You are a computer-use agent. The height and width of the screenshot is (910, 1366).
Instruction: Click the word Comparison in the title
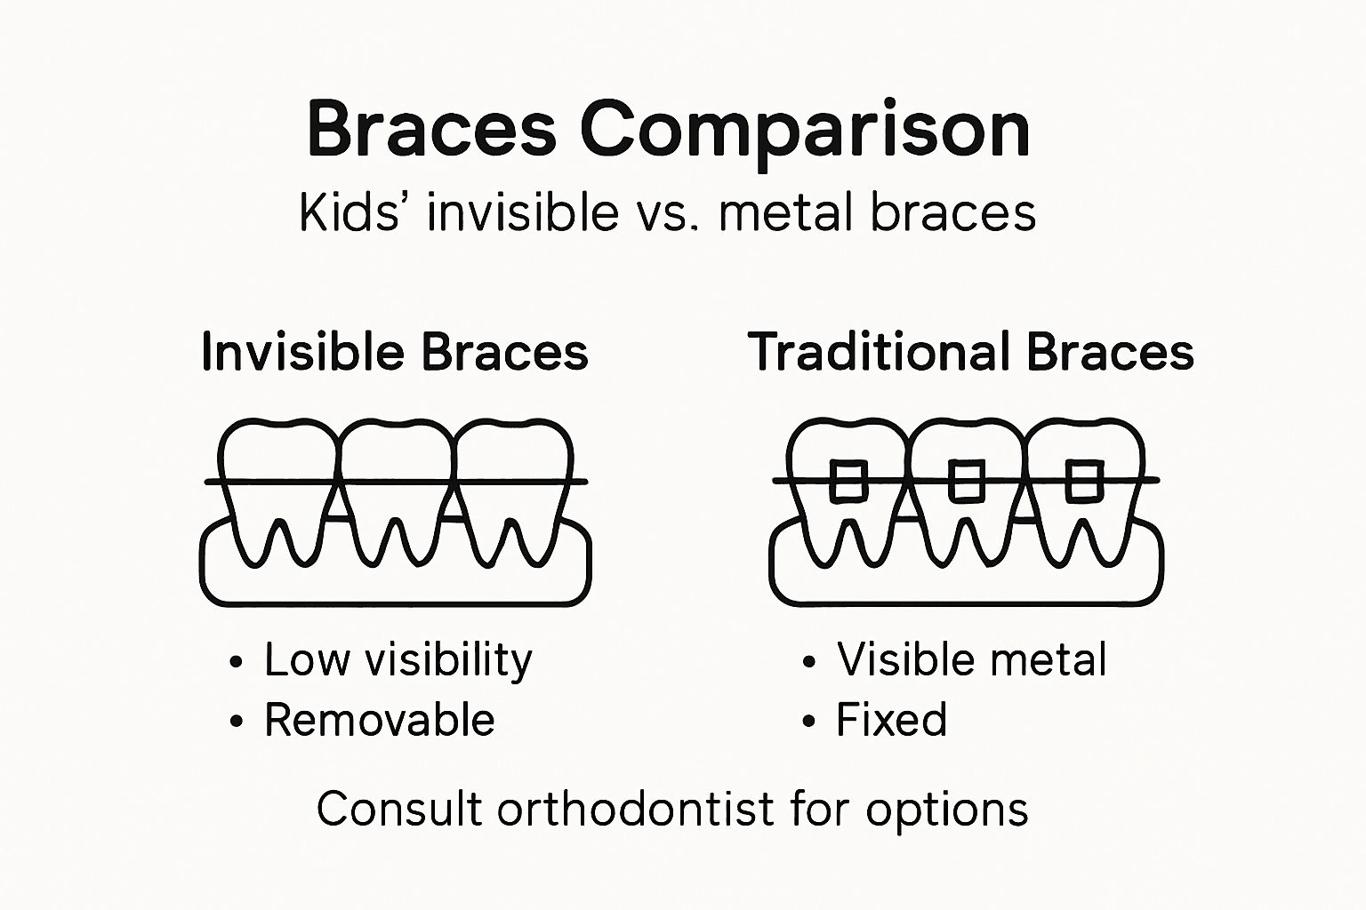(805, 131)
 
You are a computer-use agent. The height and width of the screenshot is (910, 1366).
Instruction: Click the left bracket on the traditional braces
(848, 481)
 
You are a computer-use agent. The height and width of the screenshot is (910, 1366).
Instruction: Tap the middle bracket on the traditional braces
(966, 481)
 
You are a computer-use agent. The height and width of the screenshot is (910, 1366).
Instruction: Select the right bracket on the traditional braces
(1084, 481)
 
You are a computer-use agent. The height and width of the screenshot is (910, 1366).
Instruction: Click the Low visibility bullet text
(398, 660)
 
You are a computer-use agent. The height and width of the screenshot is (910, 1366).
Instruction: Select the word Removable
(379, 720)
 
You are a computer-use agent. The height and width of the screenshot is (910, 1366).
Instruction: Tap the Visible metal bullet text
(971, 660)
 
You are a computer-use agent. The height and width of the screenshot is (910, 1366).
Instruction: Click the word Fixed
(891, 720)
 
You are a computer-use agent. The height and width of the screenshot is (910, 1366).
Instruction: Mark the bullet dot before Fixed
(808, 722)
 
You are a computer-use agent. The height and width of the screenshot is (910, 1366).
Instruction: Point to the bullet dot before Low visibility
(236, 662)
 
